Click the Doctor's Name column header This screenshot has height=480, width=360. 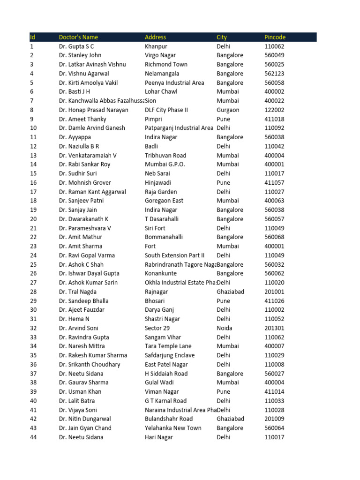[x=78, y=37]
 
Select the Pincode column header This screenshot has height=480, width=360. [x=275, y=37]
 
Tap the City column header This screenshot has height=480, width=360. [x=222, y=37]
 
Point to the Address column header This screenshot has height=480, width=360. [x=155, y=37]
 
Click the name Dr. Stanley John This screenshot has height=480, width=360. [x=80, y=55]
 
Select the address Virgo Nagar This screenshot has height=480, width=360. [x=160, y=55]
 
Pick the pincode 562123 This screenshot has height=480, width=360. [x=274, y=74]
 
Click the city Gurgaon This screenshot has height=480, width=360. [x=228, y=110]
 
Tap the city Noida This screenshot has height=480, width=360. [x=224, y=328]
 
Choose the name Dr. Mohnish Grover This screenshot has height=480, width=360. [x=85, y=183]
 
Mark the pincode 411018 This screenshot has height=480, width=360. [x=274, y=119]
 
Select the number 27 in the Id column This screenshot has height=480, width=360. [x=33, y=283]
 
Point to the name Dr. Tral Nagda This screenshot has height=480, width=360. [x=78, y=292]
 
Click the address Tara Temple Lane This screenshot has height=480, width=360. [x=168, y=346]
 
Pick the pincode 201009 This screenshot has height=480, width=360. [x=274, y=419]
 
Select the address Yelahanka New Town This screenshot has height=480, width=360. [x=173, y=428]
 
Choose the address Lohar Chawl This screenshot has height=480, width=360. [x=161, y=91]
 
